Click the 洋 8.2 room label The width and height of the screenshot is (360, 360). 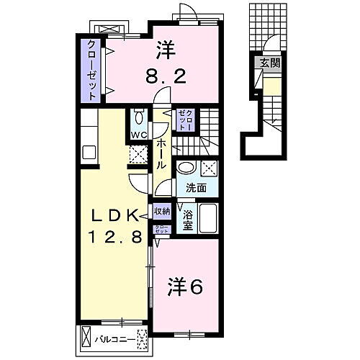[165, 61]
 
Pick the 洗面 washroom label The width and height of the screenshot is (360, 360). [196, 189]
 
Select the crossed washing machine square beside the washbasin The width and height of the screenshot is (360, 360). [210, 168]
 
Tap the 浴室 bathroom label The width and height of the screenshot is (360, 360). [186, 219]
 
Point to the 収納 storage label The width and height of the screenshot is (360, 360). [161, 212]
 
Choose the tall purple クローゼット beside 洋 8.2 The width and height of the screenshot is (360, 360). [92, 66]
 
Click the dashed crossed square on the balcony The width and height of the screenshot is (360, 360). [141, 336]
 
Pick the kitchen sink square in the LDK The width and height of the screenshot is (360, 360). [89, 152]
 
